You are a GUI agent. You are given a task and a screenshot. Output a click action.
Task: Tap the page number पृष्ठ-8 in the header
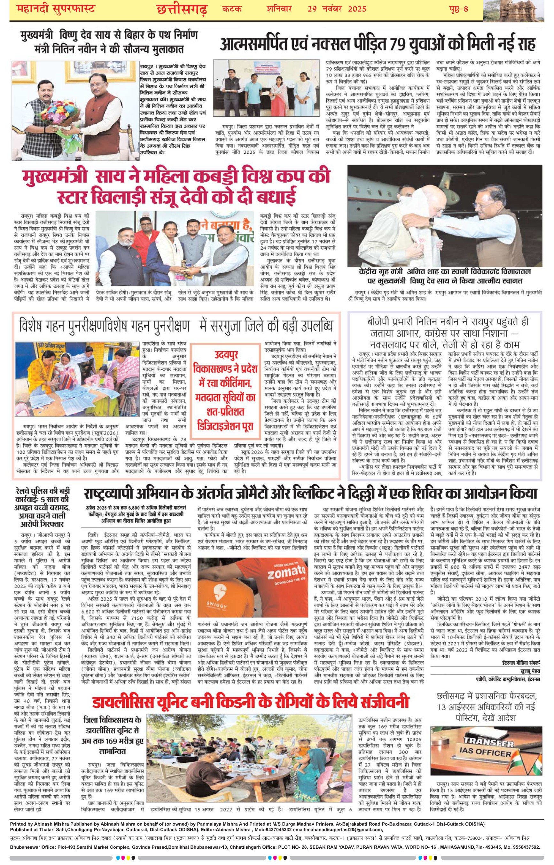pos(458,9)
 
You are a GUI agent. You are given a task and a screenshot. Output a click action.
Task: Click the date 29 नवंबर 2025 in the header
pos(337,8)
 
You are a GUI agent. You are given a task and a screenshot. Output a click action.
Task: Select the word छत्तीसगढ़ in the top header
pos(182,9)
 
